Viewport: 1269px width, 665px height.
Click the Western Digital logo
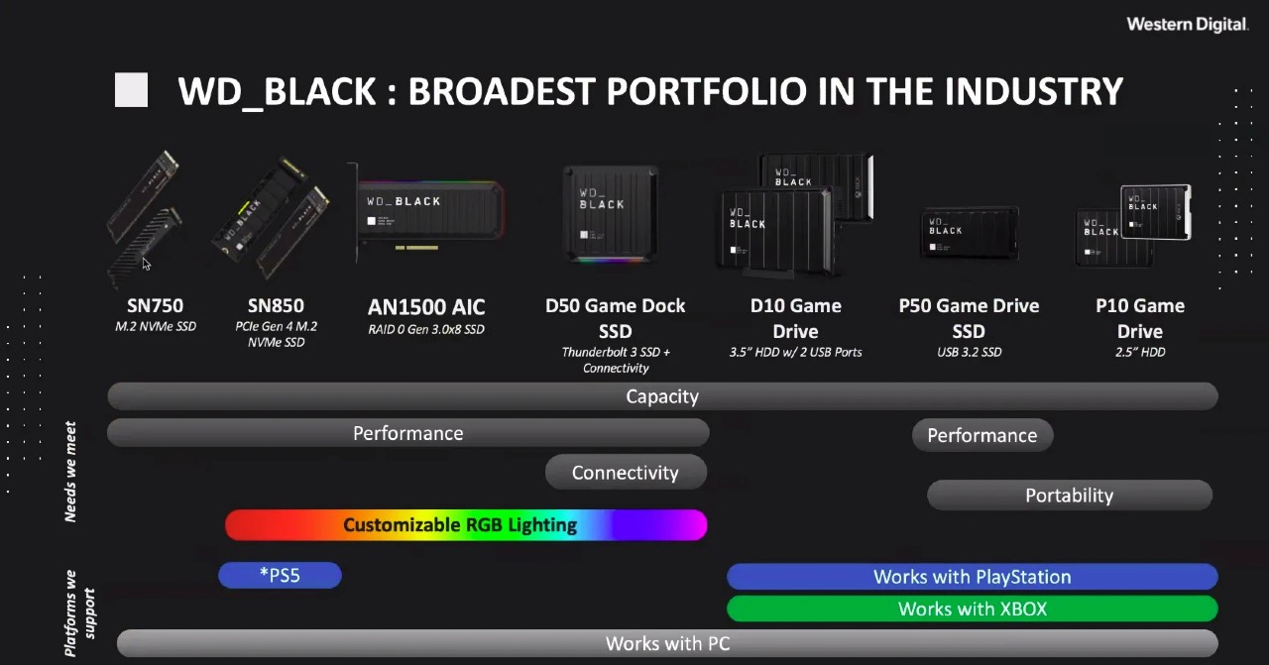pos(1187,25)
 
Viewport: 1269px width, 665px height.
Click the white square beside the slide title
pos(131,89)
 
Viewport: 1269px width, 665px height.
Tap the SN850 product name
pos(276,306)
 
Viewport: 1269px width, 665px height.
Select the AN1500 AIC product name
pos(426,307)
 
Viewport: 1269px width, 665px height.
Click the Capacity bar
pos(662,396)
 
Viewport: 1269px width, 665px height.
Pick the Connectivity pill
pos(626,472)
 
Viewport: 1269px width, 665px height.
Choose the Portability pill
pos(1069,496)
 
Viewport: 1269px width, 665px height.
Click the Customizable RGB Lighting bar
pos(466,524)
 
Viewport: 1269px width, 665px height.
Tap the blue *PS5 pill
pos(280,575)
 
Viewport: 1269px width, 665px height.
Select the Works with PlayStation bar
pos(973,577)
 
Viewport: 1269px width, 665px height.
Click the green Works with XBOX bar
pos(973,609)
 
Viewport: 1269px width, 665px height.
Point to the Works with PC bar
pos(667,643)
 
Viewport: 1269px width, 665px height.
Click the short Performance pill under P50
pos(982,435)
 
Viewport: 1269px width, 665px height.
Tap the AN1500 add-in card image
pos(428,213)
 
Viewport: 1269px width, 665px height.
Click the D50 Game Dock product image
pos(611,214)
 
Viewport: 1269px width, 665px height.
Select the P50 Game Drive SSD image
pos(970,233)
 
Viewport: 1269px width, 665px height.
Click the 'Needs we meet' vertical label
pos(70,472)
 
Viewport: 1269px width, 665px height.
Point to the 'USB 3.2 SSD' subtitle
pos(969,352)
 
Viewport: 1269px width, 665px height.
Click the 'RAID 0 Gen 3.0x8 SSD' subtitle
pos(426,329)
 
